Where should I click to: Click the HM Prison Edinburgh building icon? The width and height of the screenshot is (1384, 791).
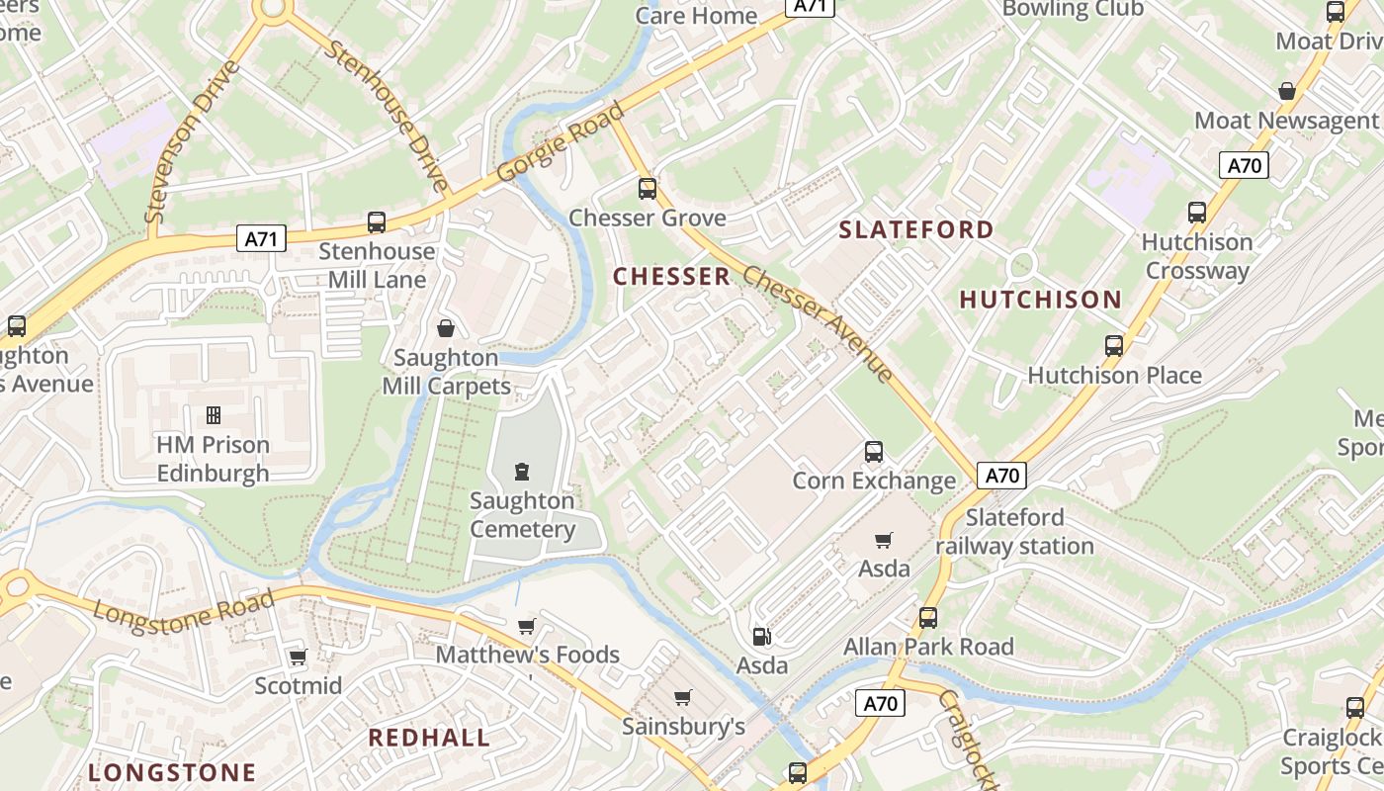[213, 415]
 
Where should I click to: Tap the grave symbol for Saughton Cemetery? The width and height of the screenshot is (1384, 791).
[522, 472]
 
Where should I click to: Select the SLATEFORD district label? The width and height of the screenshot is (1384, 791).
[916, 229]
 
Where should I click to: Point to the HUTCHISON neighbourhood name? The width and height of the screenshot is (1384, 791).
[1041, 300]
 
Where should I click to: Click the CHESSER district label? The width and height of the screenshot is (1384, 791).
[672, 277]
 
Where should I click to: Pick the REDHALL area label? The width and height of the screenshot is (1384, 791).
[429, 738]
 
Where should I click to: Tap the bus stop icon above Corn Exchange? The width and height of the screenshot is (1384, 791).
[874, 452]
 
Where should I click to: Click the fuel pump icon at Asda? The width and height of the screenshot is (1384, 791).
[760, 637]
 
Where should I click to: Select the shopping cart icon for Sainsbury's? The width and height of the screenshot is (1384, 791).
[682, 698]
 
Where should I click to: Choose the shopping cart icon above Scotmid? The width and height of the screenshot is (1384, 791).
[298, 657]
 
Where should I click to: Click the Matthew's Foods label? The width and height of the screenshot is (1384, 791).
[527, 655]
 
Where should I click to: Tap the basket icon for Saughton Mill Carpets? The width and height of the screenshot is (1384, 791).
[446, 327]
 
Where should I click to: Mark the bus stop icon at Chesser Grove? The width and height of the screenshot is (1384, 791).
[648, 188]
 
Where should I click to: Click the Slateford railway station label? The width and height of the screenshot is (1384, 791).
[1014, 532]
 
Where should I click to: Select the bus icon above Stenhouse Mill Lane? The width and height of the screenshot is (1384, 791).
[377, 221]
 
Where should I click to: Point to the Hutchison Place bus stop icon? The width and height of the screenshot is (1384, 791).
[1114, 346]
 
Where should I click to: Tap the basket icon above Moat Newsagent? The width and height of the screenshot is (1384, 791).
[1287, 91]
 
